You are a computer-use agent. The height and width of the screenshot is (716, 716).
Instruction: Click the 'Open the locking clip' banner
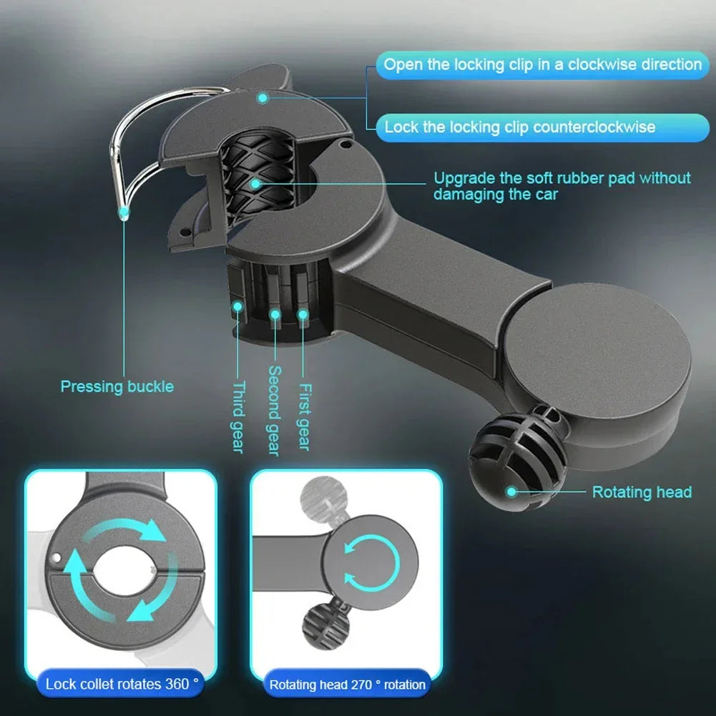tap(542, 64)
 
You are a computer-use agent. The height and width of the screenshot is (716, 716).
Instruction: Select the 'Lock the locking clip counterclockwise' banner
tap(519, 127)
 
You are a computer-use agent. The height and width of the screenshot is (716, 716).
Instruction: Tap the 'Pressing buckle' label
tap(117, 387)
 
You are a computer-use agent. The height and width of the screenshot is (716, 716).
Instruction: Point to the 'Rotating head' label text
tap(642, 492)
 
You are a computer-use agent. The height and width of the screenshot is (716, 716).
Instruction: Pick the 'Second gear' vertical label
tap(274, 411)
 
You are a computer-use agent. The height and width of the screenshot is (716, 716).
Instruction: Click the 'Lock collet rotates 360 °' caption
tap(122, 684)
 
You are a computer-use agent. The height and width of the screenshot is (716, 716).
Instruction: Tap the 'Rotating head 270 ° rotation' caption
tap(347, 685)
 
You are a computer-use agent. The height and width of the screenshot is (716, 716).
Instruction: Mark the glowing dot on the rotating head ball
tap(511, 491)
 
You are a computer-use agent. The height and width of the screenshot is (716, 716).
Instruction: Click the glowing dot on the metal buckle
tap(124, 212)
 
